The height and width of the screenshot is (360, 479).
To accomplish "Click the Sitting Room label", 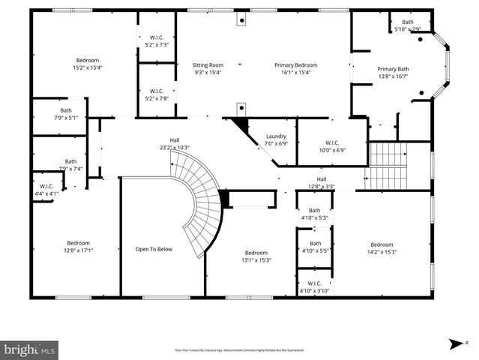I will coord(208,65).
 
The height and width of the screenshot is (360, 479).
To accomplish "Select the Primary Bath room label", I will coord(392,69).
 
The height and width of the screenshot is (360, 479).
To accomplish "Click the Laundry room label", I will coord(277,136).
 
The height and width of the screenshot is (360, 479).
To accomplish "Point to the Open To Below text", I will coord(153,249).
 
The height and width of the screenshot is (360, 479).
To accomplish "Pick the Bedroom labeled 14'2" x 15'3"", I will coord(381,248).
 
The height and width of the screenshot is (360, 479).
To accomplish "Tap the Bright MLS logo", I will coord(30,349).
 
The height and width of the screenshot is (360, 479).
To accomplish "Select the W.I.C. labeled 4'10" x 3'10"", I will coord(314,286).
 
